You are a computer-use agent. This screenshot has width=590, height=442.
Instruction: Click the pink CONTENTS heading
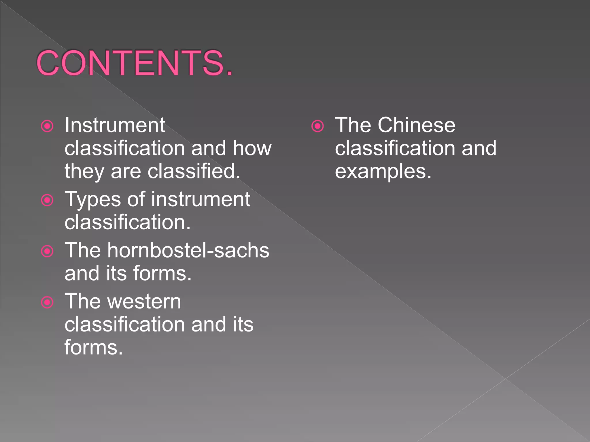(134, 63)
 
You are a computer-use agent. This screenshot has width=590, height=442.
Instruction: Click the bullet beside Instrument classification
(47, 126)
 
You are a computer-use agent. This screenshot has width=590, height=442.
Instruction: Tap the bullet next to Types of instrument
(47, 200)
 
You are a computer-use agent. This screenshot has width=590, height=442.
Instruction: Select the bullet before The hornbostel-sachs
(47, 251)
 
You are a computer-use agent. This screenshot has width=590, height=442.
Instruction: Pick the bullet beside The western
(47, 302)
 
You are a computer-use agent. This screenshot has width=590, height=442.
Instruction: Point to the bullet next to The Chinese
(317, 126)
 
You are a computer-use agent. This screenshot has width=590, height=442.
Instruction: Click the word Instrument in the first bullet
(115, 125)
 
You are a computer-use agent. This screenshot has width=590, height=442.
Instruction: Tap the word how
(252, 148)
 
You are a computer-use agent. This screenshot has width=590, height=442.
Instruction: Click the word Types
(93, 200)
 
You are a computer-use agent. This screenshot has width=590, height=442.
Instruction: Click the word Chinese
(416, 125)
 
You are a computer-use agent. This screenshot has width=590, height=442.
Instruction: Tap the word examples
(383, 172)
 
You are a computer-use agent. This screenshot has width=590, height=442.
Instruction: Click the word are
(126, 172)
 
